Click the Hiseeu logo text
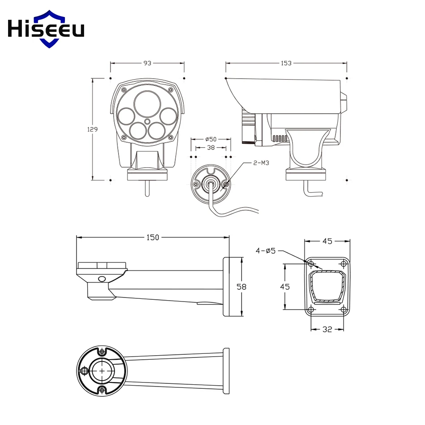tap(46, 29)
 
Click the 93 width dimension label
tap(147, 63)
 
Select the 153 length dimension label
tap(286, 63)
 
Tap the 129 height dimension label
tap(93, 129)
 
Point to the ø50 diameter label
tap(211, 139)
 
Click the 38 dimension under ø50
tap(211, 148)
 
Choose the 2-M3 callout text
tap(261, 163)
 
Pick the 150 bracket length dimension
tap(153, 238)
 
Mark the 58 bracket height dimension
tap(241, 286)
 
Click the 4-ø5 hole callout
tap(266, 251)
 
